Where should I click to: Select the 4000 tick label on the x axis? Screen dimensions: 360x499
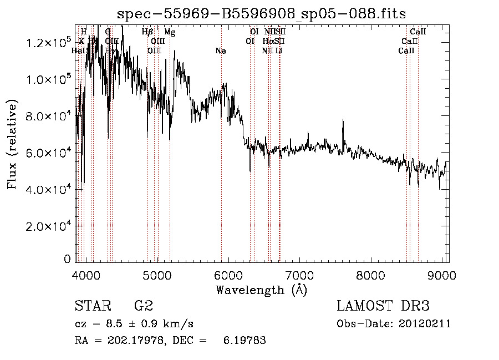click(x=86, y=275)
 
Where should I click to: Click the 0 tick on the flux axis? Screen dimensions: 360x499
click(x=67, y=259)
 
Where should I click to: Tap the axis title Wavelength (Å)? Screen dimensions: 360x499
click(x=261, y=290)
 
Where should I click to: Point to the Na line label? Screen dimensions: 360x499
click(x=221, y=51)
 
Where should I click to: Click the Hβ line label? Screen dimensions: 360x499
click(x=147, y=32)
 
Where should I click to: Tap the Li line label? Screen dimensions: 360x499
click(x=279, y=51)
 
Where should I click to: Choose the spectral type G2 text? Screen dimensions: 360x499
click(x=143, y=306)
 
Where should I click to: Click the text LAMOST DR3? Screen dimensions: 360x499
click(x=383, y=306)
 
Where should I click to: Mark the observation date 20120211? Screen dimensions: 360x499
click(x=427, y=324)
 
